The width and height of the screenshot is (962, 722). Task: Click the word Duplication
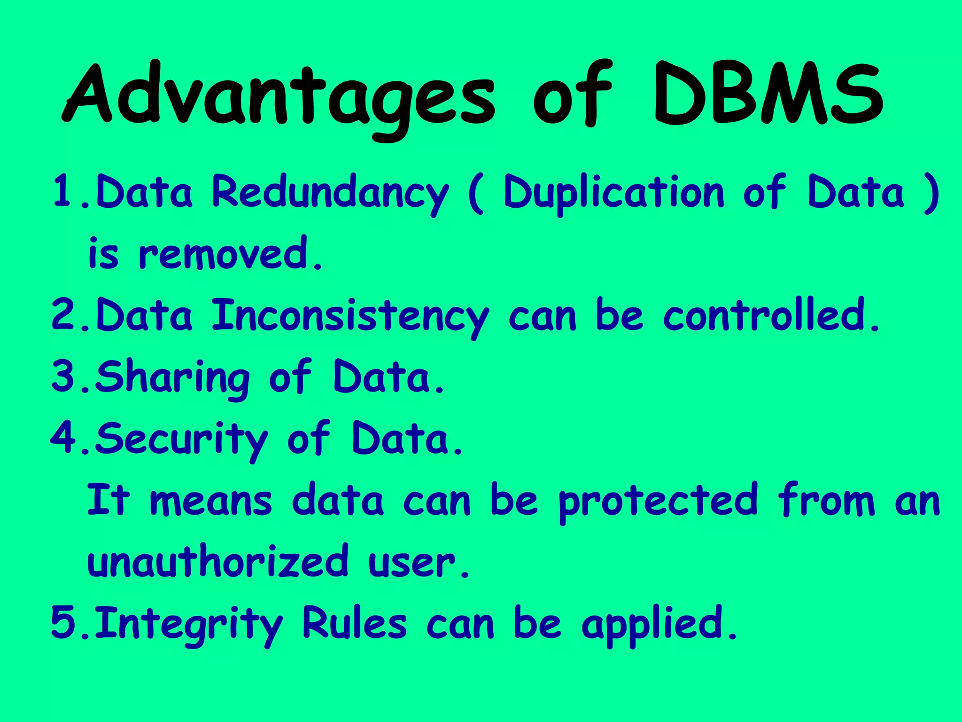[613, 193]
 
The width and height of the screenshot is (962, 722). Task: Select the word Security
[181, 439]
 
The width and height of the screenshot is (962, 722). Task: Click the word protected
[658, 501]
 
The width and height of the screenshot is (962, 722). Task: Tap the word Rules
[354, 623]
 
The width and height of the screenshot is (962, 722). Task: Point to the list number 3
[64, 376]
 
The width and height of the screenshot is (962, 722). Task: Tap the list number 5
[64, 622]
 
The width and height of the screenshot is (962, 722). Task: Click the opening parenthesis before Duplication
[475, 194]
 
